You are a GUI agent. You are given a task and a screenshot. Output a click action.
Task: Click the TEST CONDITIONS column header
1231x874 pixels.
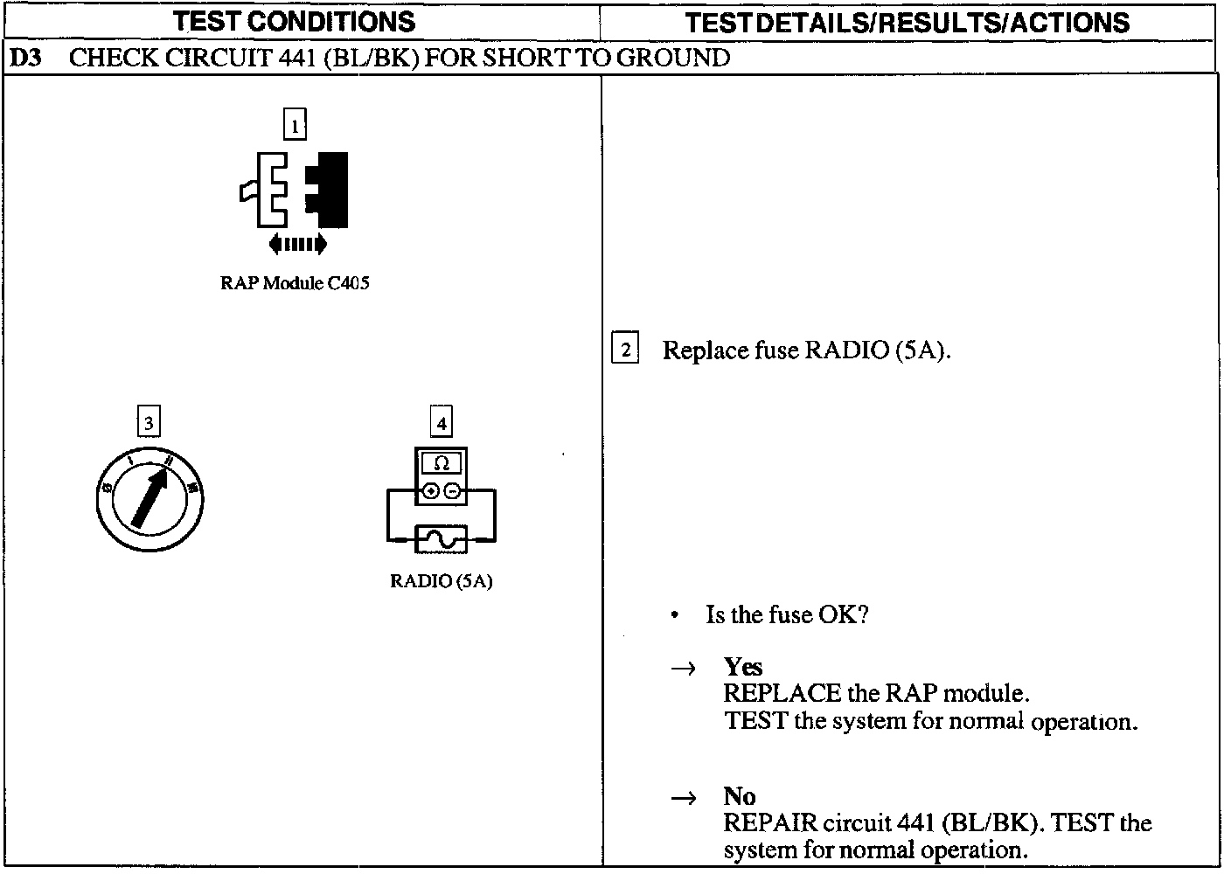click(x=293, y=21)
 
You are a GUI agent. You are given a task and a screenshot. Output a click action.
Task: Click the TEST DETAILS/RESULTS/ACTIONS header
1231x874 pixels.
click(x=907, y=23)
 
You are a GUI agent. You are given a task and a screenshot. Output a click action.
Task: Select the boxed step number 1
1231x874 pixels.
click(x=295, y=125)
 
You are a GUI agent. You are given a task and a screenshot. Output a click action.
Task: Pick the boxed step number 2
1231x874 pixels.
click(x=625, y=349)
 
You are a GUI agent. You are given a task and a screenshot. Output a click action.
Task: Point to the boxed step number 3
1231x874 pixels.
click(x=149, y=423)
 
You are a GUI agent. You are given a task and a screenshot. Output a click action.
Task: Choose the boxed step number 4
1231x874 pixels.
click(x=442, y=423)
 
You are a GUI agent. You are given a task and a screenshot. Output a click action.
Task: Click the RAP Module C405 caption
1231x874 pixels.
click(x=295, y=283)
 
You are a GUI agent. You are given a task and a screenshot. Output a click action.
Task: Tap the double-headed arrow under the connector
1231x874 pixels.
click(x=298, y=244)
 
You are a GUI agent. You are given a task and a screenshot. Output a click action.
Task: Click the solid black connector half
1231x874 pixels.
click(x=330, y=188)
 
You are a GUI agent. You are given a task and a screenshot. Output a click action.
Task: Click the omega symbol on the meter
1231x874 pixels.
click(x=442, y=464)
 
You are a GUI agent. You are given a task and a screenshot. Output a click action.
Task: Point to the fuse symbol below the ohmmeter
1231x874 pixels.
click(x=442, y=540)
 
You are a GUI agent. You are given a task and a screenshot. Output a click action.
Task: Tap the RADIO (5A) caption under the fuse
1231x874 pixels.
click(x=442, y=581)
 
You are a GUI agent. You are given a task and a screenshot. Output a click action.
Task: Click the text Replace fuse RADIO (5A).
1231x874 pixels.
click(x=806, y=350)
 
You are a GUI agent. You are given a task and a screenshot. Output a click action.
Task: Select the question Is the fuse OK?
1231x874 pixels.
click(x=787, y=614)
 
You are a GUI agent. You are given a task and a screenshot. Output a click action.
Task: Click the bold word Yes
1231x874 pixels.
click(x=743, y=667)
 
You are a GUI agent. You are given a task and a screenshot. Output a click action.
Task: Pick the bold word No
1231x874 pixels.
click(x=740, y=796)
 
